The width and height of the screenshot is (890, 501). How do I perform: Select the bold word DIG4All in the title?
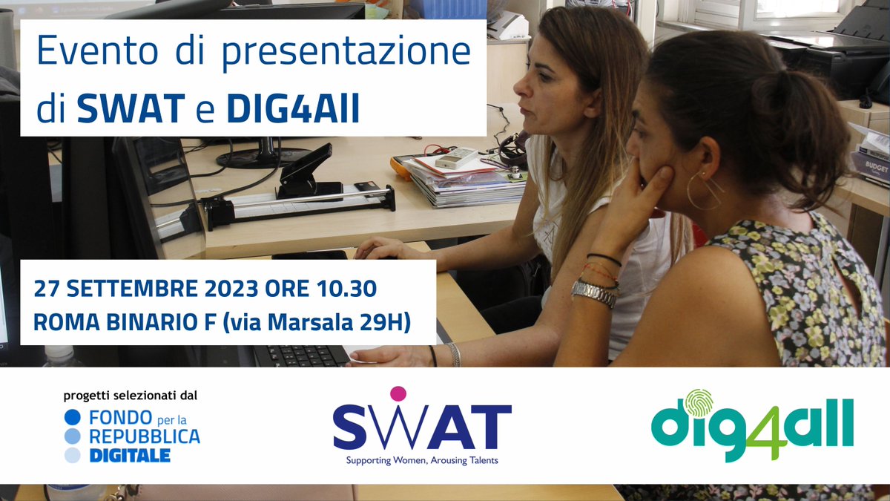pyautogui.click(x=293, y=108)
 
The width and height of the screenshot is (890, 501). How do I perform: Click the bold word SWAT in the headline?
pyautogui.click(x=131, y=108)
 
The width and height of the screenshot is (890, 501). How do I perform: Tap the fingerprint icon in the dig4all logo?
pyautogui.click(x=698, y=403)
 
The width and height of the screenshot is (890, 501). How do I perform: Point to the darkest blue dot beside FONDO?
pyautogui.click(x=73, y=417)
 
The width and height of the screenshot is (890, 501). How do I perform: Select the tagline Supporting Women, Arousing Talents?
pyautogui.click(x=422, y=460)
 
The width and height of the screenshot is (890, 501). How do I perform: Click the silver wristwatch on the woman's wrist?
pyautogui.click(x=594, y=292)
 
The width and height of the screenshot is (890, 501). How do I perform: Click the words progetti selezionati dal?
pyautogui.click(x=130, y=396)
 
